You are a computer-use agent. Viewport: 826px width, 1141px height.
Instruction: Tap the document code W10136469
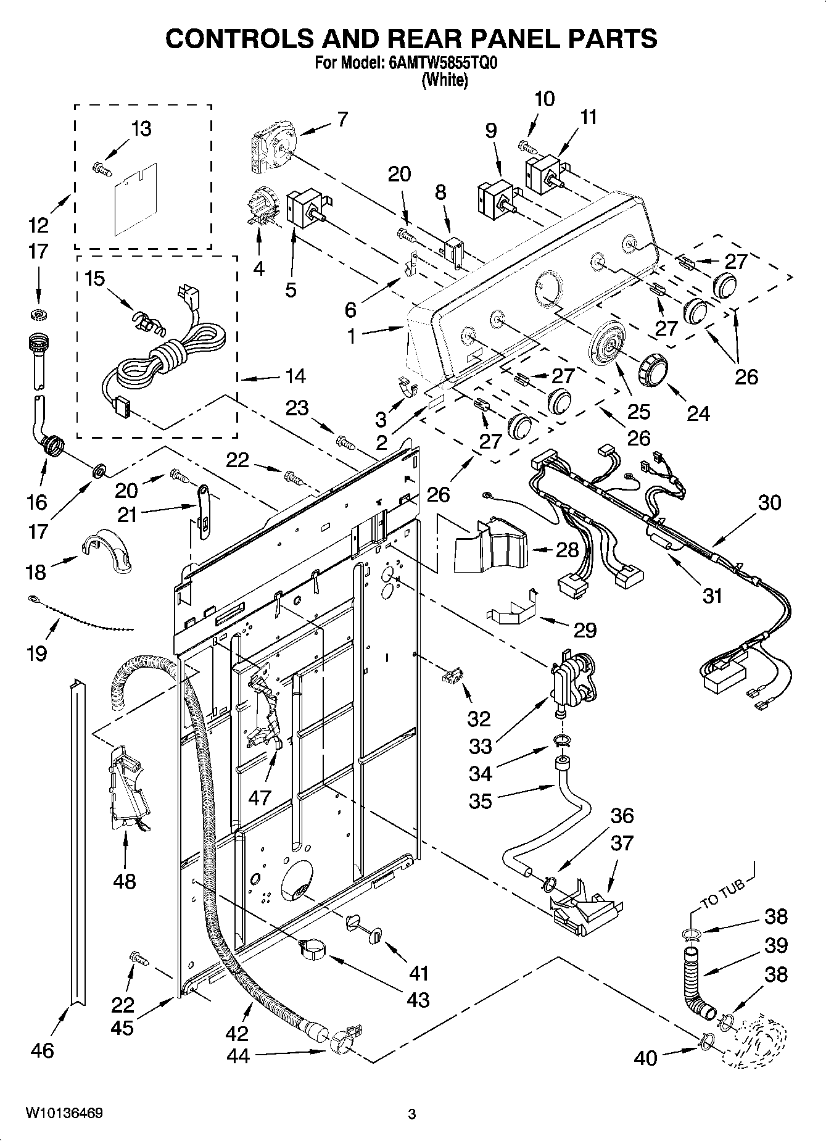point(64,1113)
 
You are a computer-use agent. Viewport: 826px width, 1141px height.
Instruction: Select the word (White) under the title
point(444,80)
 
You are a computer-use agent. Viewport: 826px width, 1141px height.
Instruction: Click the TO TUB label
point(722,893)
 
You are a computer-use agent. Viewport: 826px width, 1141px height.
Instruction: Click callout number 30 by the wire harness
point(769,502)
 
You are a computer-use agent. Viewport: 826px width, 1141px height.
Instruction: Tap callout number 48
point(124,881)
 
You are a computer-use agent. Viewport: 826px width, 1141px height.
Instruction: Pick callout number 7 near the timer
point(342,118)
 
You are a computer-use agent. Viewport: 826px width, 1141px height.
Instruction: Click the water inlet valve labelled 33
point(572,680)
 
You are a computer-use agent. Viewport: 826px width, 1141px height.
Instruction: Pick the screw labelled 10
point(527,147)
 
